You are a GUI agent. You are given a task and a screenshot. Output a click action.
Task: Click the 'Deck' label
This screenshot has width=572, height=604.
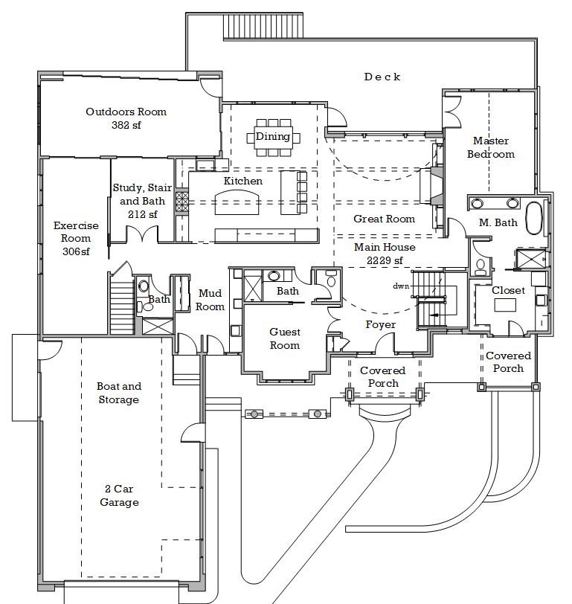pyautogui.click(x=382, y=77)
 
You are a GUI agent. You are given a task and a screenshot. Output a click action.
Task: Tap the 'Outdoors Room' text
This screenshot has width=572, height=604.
pyautogui.click(x=126, y=112)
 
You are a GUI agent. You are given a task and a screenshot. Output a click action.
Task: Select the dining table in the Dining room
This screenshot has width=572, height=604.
pyautogui.click(x=273, y=137)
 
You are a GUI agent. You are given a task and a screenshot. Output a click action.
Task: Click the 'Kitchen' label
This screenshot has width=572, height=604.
pyautogui.click(x=243, y=181)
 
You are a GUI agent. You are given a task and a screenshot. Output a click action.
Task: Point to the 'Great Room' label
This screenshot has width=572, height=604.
pyautogui.click(x=384, y=219)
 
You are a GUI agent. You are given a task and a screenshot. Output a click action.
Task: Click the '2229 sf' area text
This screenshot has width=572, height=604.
pyautogui.click(x=385, y=260)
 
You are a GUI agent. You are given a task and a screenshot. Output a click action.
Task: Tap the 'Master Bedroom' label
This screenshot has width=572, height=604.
pyautogui.click(x=491, y=147)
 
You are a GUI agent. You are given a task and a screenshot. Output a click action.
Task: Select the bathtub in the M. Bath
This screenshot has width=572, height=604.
pyautogui.click(x=533, y=216)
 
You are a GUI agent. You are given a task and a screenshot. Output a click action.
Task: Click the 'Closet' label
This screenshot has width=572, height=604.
pyautogui.click(x=508, y=290)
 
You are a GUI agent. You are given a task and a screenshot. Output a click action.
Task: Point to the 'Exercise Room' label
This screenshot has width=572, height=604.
pyautogui.click(x=76, y=238)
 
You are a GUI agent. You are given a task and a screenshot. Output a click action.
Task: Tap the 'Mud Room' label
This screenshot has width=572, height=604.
pyautogui.click(x=210, y=300)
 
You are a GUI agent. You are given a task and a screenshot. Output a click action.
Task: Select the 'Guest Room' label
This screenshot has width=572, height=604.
pyautogui.click(x=285, y=338)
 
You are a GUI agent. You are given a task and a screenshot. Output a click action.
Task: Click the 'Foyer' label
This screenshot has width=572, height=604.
pyautogui.click(x=380, y=324)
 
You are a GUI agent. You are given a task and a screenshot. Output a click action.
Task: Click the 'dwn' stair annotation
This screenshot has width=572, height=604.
pyautogui.click(x=401, y=286)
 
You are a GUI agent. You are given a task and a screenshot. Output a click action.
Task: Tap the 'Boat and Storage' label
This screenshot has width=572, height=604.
pyautogui.click(x=119, y=393)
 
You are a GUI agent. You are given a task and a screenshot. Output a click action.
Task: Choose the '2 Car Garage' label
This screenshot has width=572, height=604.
pyautogui.click(x=119, y=495)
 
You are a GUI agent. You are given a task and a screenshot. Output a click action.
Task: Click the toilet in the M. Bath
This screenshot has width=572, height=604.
pyautogui.click(x=481, y=265)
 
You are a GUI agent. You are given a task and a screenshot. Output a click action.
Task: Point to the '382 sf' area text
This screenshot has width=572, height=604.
pyautogui.click(x=126, y=125)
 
